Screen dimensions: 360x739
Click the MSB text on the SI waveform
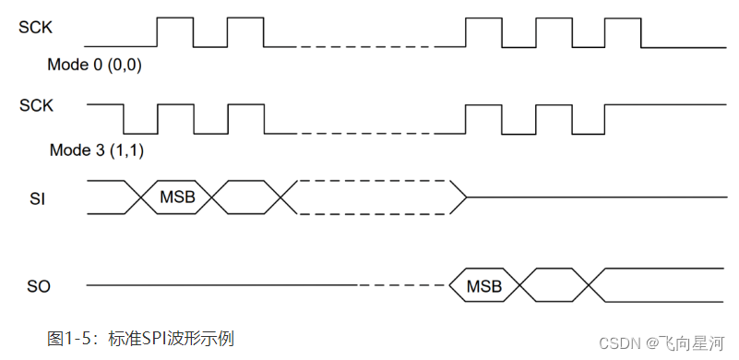tap(176, 197)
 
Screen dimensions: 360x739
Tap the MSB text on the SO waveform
tap(484, 286)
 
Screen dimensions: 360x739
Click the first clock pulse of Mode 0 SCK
tap(175, 31)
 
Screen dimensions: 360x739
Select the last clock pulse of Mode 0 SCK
tap(623, 31)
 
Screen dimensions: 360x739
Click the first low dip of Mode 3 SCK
tap(141, 119)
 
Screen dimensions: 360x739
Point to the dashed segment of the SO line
tap(401, 286)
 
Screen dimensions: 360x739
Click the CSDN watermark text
tap(614, 342)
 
